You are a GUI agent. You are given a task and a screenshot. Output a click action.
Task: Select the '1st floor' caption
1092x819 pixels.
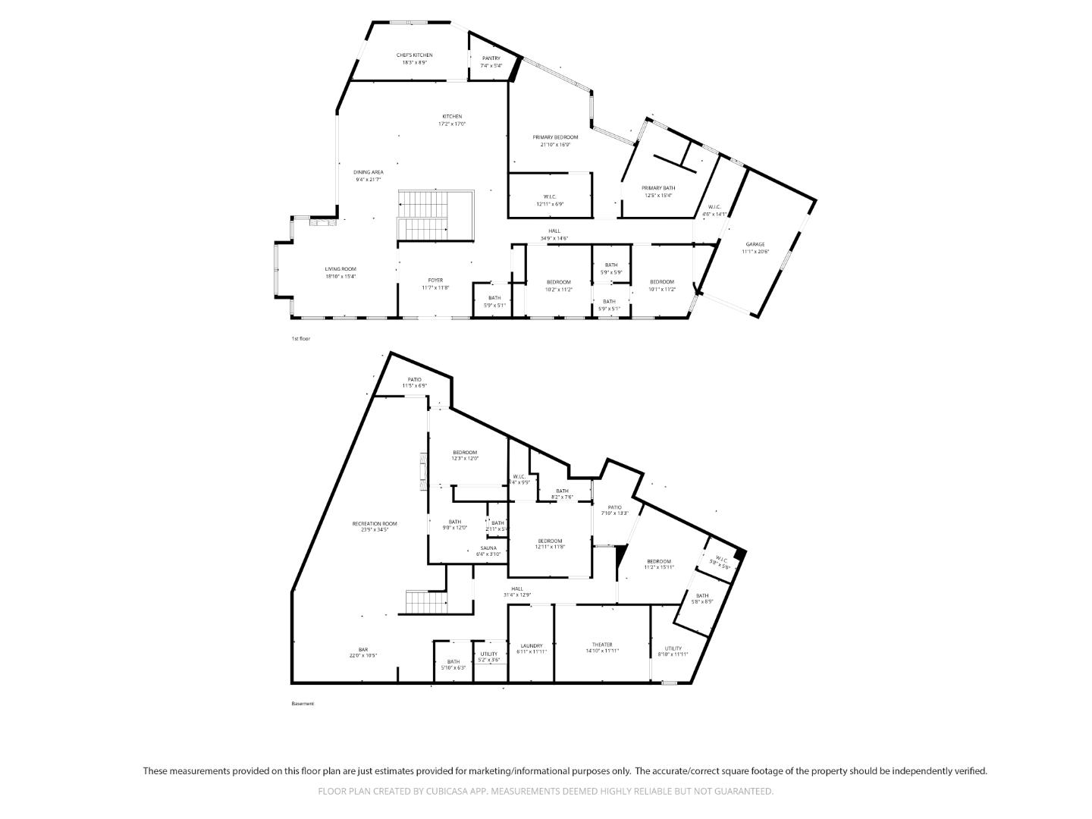(x=301, y=339)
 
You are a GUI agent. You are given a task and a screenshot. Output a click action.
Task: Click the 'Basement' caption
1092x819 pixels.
(x=303, y=704)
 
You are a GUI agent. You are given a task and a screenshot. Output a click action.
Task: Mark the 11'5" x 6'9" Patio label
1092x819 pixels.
(x=414, y=382)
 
